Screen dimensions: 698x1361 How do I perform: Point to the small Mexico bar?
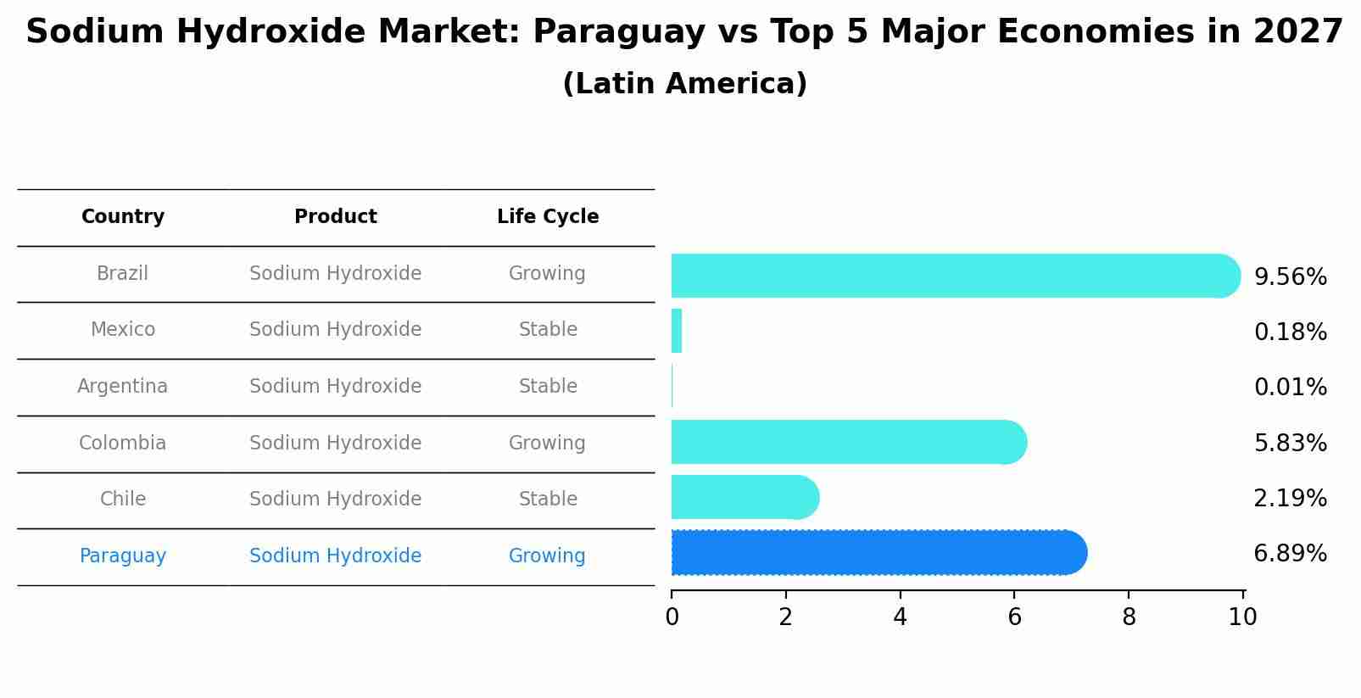(x=677, y=331)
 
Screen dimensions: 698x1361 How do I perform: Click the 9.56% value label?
(x=1290, y=277)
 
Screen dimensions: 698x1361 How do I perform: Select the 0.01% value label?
(x=1290, y=388)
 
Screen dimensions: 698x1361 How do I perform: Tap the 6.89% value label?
(x=1290, y=554)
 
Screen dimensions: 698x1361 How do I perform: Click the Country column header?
(x=123, y=217)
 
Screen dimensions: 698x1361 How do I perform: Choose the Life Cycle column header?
(x=548, y=217)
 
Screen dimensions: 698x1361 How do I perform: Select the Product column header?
(x=336, y=217)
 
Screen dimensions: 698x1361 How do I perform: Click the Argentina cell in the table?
(x=123, y=387)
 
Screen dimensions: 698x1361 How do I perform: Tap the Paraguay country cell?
(x=123, y=556)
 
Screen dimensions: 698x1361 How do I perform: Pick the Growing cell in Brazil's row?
(x=547, y=274)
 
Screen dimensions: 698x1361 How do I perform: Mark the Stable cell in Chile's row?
(x=548, y=500)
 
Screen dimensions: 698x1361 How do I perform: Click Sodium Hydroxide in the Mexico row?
(x=336, y=330)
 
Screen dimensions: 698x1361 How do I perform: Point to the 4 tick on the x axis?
(x=900, y=617)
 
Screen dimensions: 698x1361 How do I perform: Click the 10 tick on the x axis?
(x=1242, y=617)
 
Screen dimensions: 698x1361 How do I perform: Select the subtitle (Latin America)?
(x=684, y=84)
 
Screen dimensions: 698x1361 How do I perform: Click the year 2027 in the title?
(x=1297, y=32)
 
